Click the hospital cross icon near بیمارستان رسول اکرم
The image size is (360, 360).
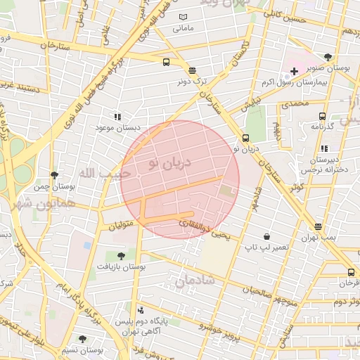(x=294, y=72)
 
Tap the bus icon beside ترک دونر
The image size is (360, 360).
(x=166, y=62)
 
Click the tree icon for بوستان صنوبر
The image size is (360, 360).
(x=328, y=58)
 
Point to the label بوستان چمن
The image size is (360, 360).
(x=54, y=186)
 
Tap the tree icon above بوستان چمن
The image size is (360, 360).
(x=54, y=175)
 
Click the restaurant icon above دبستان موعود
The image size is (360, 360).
(x=117, y=117)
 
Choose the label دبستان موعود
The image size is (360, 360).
(x=117, y=129)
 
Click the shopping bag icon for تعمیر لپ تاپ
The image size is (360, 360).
(x=266, y=236)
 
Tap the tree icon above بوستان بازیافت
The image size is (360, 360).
(x=121, y=256)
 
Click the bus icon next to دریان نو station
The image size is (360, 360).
(x=245, y=138)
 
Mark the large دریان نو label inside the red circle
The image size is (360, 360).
(x=169, y=163)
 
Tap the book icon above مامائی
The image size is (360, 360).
(x=184, y=17)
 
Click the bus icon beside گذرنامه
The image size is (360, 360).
(x=322, y=117)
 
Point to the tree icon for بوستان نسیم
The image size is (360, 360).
(x=82, y=339)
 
